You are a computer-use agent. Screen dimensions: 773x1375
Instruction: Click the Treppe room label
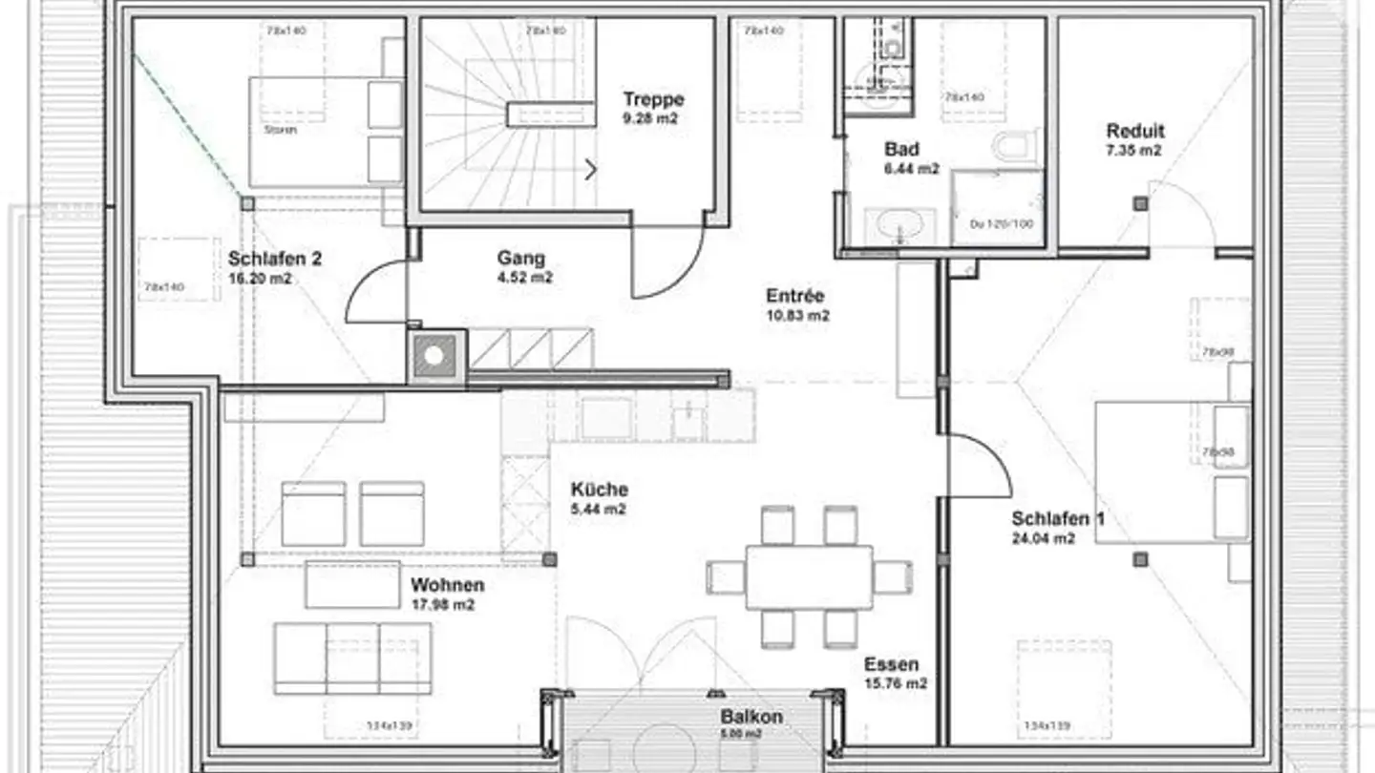click(x=653, y=99)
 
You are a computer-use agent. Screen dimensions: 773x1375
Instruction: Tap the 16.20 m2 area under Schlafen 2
click(x=260, y=280)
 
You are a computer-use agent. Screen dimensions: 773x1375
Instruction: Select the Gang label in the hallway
click(x=520, y=258)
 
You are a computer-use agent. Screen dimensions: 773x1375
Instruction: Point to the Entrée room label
click(x=794, y=296)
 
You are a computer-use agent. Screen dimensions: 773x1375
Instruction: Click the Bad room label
click(x=901, y=150)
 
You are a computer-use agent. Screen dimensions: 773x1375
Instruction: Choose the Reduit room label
click(x=1134, y=132)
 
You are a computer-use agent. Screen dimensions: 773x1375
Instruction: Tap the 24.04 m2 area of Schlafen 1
click(x=1043, y=538)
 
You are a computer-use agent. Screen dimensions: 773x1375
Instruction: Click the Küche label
click(x=599, y=490)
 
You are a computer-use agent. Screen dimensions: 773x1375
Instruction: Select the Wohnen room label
click(x=447, y=585)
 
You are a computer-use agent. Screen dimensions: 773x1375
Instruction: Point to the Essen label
click(x=891, y=664)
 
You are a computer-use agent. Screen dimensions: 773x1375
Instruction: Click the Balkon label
click(x=751, y=717)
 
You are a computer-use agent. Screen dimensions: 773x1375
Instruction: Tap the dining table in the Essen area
click(x=809, y=576)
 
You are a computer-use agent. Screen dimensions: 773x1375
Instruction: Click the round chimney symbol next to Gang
click(x=434, y=355)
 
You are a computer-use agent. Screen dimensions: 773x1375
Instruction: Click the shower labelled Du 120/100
click(x=997, y=207)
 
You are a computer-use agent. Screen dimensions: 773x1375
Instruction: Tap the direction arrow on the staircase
click(x=591, y=170)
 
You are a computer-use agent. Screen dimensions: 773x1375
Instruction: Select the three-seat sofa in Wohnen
click(x=352, y=658)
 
